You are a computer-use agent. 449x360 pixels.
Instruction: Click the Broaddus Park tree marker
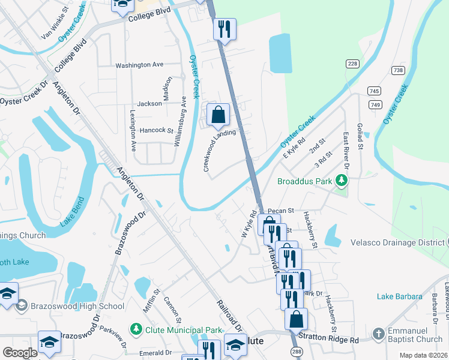(x=342, y=180)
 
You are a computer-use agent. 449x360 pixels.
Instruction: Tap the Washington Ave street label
(x=139, y=65)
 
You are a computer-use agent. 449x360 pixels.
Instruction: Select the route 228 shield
(x=352, y=64)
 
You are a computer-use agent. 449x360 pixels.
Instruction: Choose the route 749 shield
(x=376, y=105)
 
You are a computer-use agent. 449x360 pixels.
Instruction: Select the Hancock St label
(x=156, y=130)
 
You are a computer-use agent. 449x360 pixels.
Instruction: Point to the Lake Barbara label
(x=400, y=296)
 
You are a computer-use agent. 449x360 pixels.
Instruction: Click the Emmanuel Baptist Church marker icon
(x=378, y=334)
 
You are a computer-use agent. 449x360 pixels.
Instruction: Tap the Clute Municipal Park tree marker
(x=137, y=329)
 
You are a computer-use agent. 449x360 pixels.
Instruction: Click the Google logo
(x=20, y=353)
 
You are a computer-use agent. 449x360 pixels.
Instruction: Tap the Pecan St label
(x=280, y=211)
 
